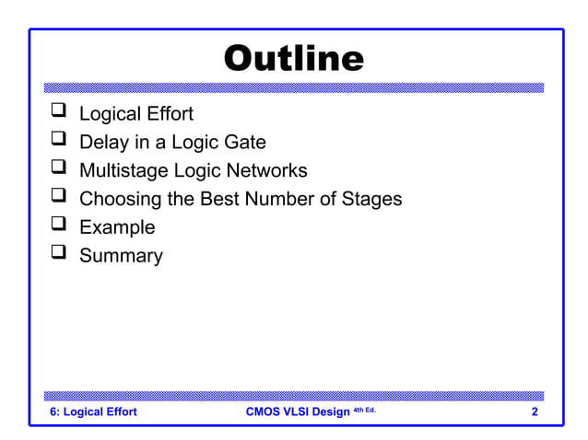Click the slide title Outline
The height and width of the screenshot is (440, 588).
[x=294, y=58]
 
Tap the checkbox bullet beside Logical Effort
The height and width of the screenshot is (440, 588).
[x=58, y=113]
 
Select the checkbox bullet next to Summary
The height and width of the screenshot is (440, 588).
[x=58, y=254]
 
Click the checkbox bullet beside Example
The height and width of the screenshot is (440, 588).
[x=58, y=226]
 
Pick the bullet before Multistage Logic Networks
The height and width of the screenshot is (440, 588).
[x=58, y=169]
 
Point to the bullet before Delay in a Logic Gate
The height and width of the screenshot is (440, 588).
[x=58, y=141]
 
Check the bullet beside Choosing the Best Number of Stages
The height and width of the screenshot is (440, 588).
[x=58, y=198]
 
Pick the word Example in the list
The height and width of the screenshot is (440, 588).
[x=117, y=227]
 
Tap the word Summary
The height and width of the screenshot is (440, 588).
[x=121, y=255]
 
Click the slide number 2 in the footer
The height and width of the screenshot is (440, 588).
[x=535, y=411]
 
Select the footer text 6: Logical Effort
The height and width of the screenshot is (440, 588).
[x=92, y=411]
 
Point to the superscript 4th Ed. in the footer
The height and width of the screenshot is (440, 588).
[x=364, y=409]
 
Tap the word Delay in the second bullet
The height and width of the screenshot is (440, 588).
[x=103, y=143]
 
